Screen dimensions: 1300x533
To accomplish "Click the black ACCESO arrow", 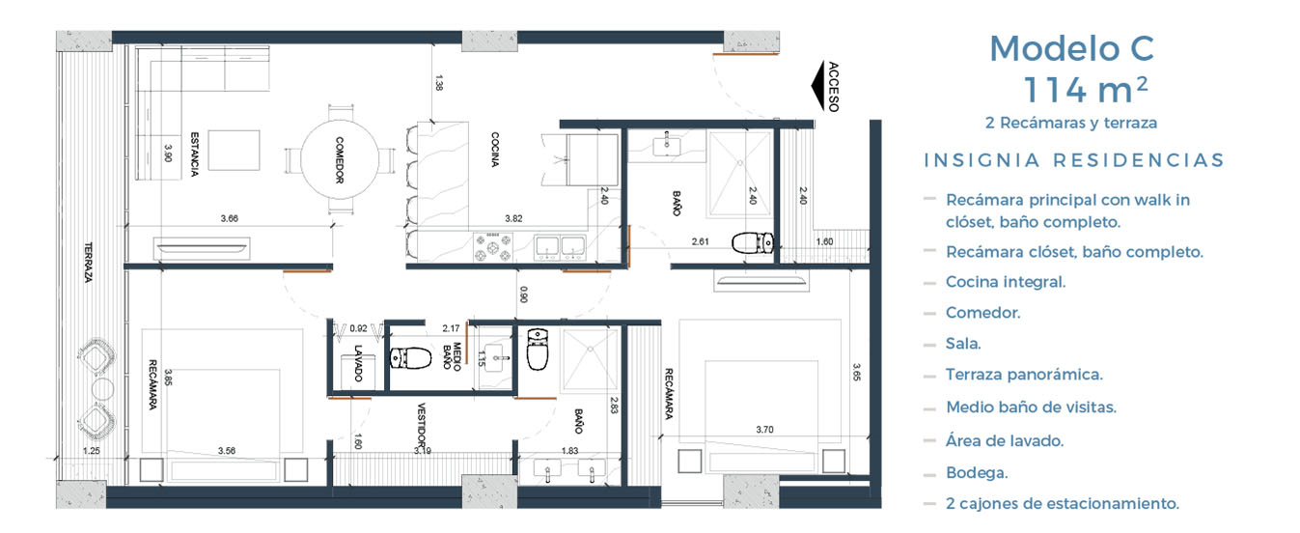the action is coord(818,85).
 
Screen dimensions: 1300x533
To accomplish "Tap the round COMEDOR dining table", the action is coord(340,159).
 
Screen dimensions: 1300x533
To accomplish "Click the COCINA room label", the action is coord(495,150).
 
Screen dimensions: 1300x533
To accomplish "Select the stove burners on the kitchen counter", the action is coord(493,247).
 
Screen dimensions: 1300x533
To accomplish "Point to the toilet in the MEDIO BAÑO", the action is coord(410,358).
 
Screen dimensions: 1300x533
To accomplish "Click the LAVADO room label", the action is coord(358,363).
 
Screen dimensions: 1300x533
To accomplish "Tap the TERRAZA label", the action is coord(88,263).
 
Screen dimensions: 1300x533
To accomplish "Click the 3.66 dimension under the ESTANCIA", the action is coord(230,218).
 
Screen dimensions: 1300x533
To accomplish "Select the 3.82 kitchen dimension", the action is coord(513,218).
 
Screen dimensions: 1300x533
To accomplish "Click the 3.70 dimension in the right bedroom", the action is coord(765,430).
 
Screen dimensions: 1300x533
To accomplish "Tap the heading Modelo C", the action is coord(1071,48).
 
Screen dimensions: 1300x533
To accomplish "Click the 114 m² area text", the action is coord(1086,90).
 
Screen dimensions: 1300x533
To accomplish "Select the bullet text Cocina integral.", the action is coord(1006,282).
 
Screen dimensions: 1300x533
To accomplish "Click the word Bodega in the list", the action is coord(977,472).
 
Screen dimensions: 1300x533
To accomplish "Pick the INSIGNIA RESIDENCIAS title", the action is coord(1074,160).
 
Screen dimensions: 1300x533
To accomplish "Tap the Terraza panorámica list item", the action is coord(1024,375).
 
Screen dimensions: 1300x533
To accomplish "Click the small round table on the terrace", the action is coord(102,388).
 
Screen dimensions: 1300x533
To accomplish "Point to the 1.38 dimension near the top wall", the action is coord(439,82).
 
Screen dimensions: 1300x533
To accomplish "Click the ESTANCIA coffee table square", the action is coord(234,151).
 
